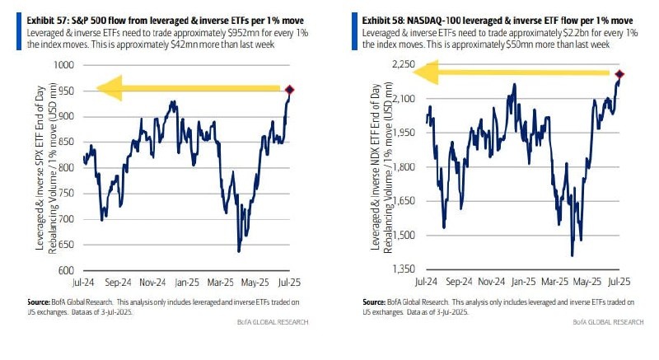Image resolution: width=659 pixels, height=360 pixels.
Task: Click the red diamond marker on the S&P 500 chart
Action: click(x=289, y=90)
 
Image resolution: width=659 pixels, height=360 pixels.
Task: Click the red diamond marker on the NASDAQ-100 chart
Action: click(x=619, y=75)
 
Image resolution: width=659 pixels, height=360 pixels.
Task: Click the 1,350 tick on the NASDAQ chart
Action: click(x=401, y=269)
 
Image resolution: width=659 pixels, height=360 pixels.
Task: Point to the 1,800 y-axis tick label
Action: click(x=401, y=167)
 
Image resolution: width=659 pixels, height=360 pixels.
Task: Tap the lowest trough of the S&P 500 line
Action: click(x=239, y=250)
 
